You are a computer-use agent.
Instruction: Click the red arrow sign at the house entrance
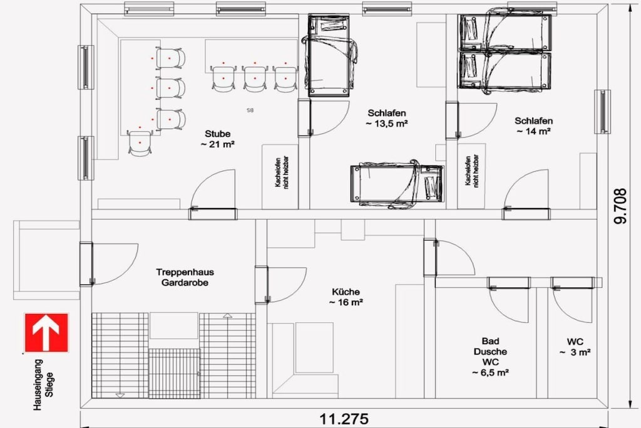point(46,332)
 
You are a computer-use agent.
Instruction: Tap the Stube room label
point(217,138)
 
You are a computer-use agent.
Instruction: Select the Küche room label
point(346,297)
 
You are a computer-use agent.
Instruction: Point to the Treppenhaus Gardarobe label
point(185,278)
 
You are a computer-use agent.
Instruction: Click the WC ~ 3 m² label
point(575,347)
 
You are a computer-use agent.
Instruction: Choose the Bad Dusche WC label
point(491,357)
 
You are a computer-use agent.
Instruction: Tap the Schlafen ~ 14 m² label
point(533,126)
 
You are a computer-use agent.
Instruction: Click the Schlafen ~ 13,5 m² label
point(387,118)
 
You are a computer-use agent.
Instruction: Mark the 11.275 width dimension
point(344,419)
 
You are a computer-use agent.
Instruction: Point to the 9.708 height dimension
point(620,206)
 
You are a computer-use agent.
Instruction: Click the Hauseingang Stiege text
point(43,385)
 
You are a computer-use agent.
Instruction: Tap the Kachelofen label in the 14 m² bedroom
point(472,170)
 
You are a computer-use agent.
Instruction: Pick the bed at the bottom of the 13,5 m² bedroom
point(397,184)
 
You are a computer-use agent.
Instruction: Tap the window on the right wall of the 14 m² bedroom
point(603,112)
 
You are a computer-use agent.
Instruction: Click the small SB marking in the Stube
point(250,110)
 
